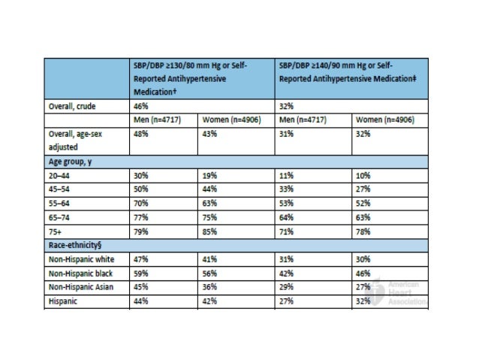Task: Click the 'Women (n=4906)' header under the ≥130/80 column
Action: (232, 119)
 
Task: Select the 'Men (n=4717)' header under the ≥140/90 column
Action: (304, 119)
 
